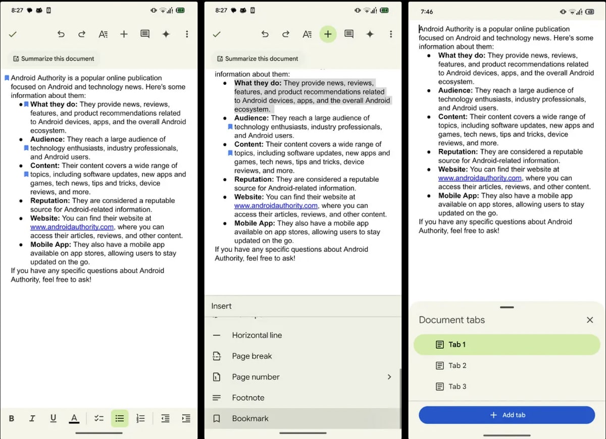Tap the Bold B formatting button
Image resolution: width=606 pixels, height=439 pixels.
pyautogui.click(x=12, y=418)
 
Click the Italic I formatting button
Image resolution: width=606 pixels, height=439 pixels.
pyautogui.click(x=32, y=418)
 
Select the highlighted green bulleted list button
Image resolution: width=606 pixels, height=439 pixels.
pyautogui.click(x=120, y=418)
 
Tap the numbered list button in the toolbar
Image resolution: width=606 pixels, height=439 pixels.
pyautogui.click(x=140, y=418)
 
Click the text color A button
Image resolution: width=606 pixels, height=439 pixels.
pyautogui.click(x=74, y=418)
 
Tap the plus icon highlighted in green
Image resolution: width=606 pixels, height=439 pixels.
pyautogui.click(x=328, y=34)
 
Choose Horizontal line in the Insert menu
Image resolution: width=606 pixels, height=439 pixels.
pyautogui.click(x=257, y=335)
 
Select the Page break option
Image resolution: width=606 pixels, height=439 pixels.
pyautogui.click(x=251, y=356)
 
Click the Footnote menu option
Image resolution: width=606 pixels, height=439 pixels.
pyautogui.click(x=248, y=398)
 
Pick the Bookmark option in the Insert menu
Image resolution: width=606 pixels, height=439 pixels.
pyautogui.click(x=250, y=418)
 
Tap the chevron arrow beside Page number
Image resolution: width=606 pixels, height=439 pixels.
pyautogui.click(x=389, y=377)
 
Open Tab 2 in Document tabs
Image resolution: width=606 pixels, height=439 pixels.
pyautogui.click(x=457, y=365)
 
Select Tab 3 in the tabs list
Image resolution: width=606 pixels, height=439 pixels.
pyautogui.click(x=457, y=387)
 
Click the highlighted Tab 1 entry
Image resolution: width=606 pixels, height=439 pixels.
pyautogui.click(x=507, y=345)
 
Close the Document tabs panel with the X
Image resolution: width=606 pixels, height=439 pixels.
pyautogui.click(x=590, y=320)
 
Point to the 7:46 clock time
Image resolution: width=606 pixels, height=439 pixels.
pyautogui.click(x=427, y=11)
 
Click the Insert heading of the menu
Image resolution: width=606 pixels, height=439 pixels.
pyautogui.click(x=221, y=306)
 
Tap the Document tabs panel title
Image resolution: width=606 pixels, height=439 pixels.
pyautogui.click(x=451, y=320)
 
